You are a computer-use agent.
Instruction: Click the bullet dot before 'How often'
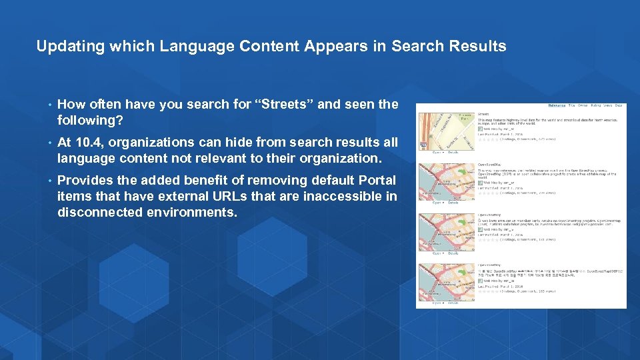pyautogui.click(x=50, y=105)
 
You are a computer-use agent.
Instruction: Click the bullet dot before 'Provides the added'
pyautogui.click(x=50, y=181)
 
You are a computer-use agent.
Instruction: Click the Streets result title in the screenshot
pyautogui.click(x=485, y=114)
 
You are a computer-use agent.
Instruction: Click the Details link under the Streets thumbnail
pyautogui.click(x=453, y=152)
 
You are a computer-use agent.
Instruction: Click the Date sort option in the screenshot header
pyautogui.click(x=619, y=105)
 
